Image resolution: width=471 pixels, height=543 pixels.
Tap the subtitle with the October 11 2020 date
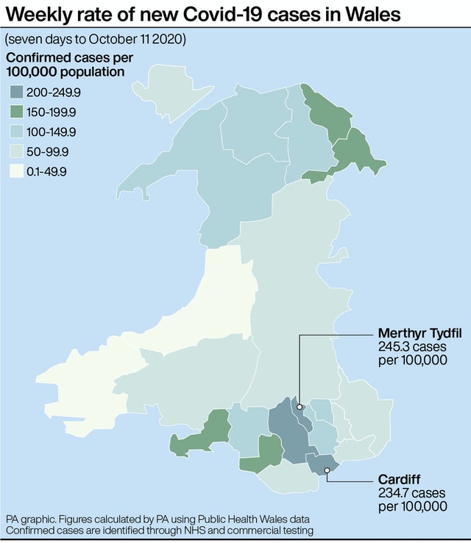(x=96, y=38)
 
